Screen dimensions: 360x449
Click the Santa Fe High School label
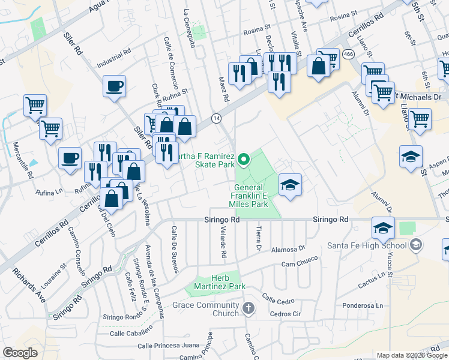click(x=364, y=245)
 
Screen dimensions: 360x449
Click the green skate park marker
click(x=244, y=159)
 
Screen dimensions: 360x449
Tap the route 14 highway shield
click(x=216, y=118)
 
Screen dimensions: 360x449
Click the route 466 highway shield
click(x=348, y=54)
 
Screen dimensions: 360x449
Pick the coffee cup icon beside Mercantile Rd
click(x=70, y=158)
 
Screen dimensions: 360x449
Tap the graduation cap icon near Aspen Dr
click(x=411, y=157)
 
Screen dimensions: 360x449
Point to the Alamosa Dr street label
click(x=289, y=248)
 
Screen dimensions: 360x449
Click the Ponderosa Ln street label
click(x=362, y=305)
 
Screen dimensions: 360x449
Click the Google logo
click(x=20, y=353)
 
